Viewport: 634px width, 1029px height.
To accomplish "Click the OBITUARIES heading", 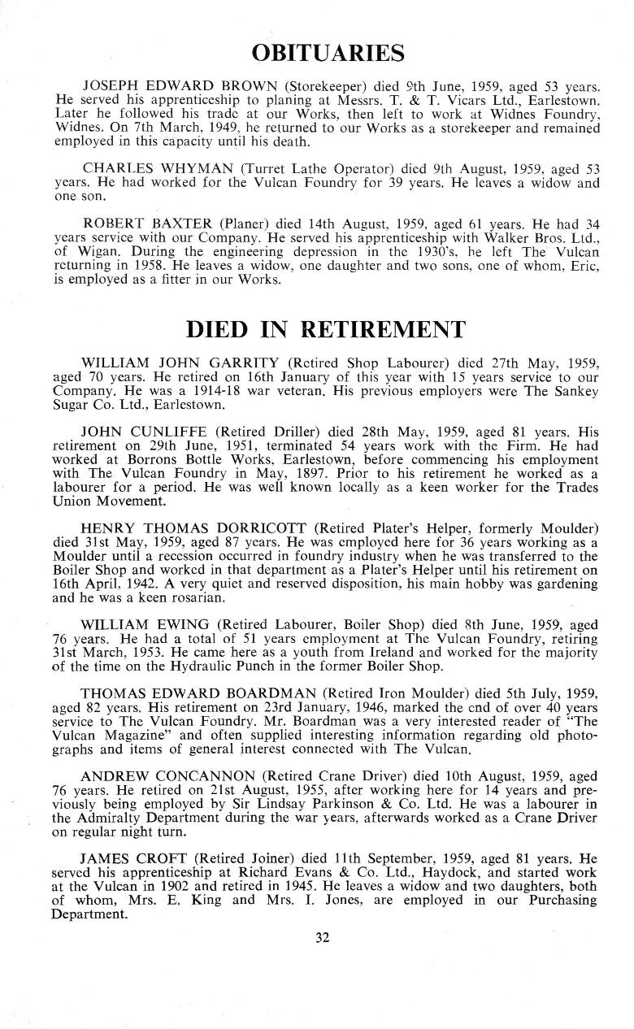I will tap(328, 54).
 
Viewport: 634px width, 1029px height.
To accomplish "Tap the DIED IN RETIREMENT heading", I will tap(326, 329).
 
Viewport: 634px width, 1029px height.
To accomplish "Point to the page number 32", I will tap(323, 937).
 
